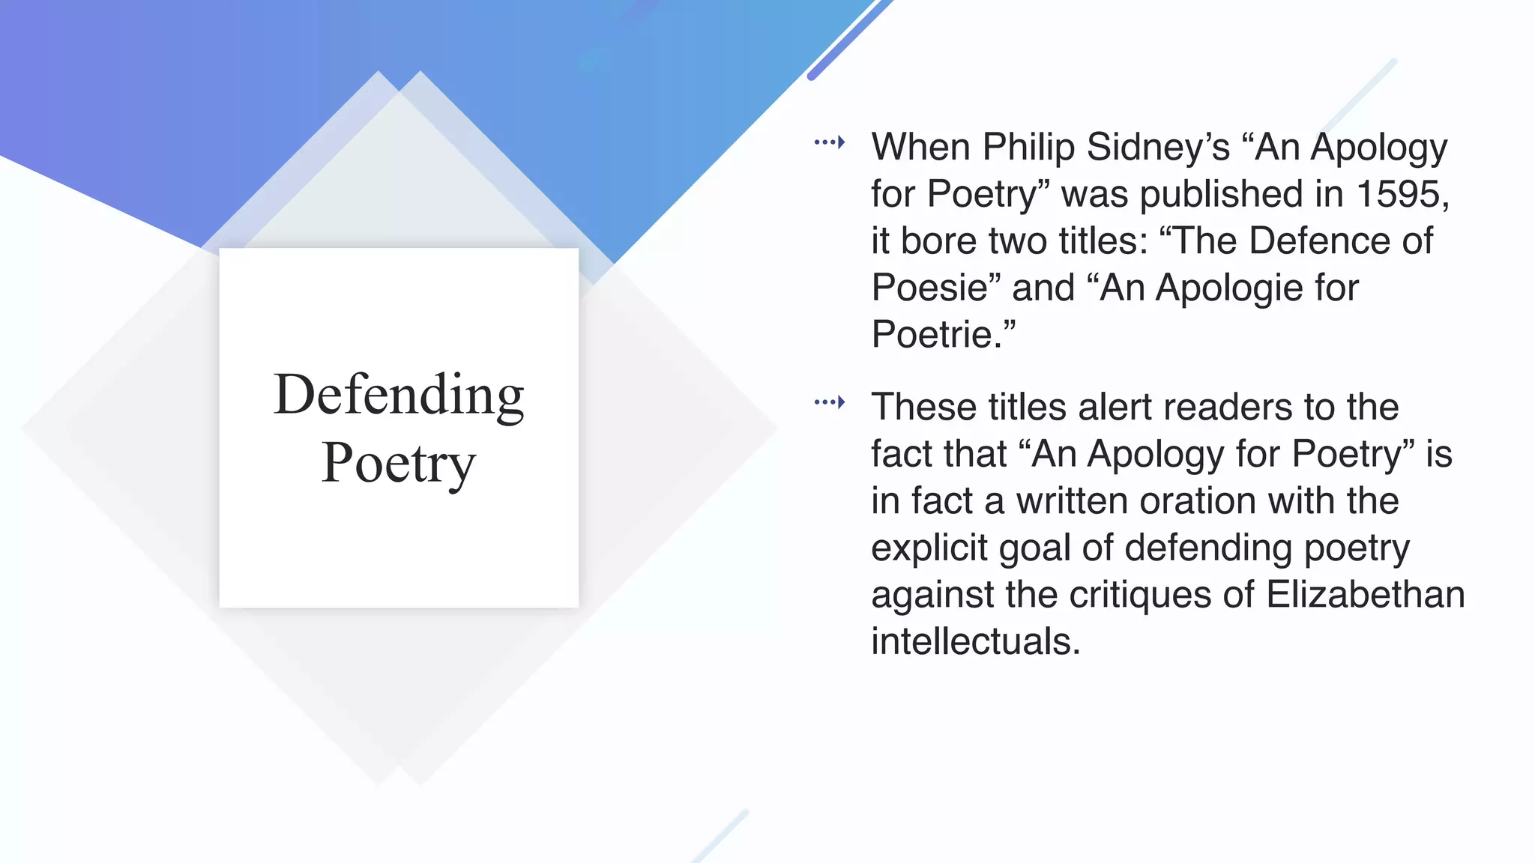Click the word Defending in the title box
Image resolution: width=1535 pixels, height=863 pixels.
tap(399, 395)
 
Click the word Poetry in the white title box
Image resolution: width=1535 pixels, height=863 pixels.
tap(399, 463)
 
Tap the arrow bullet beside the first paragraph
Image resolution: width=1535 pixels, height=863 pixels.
tap(830, 142)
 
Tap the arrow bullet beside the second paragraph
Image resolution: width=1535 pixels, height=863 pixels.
tap(830, 402)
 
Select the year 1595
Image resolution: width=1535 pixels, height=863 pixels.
tap(1400, 194)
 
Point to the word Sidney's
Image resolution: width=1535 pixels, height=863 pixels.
tap(1158, 147)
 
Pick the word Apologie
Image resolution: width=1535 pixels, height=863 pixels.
tap(1228, 288)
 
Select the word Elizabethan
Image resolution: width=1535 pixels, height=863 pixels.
tap(1365, 594)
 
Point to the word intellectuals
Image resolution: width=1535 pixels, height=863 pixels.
tap(975, 641)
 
